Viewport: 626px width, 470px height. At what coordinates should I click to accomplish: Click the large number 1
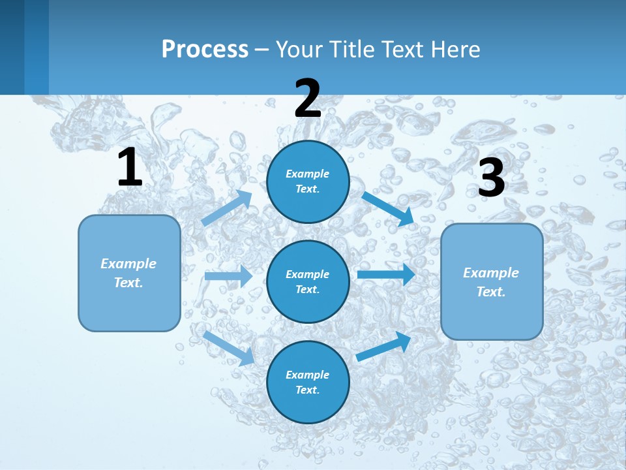click(130, 168)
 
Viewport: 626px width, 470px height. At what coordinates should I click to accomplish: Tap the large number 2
click(308, 99)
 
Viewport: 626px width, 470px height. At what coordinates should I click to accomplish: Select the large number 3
click(492, 178)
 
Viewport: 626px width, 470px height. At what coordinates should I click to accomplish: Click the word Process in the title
click(205, 49)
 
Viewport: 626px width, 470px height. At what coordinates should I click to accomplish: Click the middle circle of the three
click(308, 281)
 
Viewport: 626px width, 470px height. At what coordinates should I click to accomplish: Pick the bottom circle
click(308, 382)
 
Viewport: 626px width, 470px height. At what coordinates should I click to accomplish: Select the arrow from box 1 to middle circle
click(228, 276)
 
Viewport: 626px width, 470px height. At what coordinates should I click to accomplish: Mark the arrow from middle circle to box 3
click(386, 274)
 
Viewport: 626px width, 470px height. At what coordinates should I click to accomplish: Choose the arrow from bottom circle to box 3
click(384, 346)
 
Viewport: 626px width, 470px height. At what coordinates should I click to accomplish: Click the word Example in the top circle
click(308, 174)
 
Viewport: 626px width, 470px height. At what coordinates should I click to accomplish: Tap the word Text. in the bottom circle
click(308, 390)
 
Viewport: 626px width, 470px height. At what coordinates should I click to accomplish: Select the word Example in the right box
click(491, 273)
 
